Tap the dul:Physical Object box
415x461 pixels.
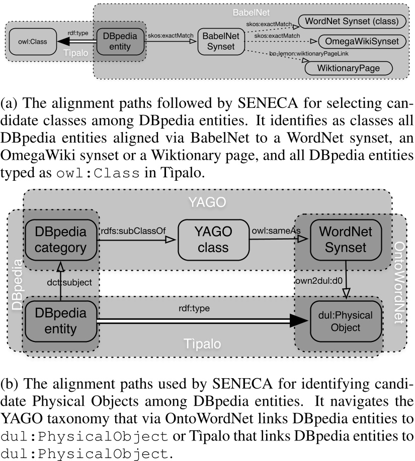342,322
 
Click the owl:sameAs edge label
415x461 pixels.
270,231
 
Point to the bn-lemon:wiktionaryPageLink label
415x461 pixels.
309,53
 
